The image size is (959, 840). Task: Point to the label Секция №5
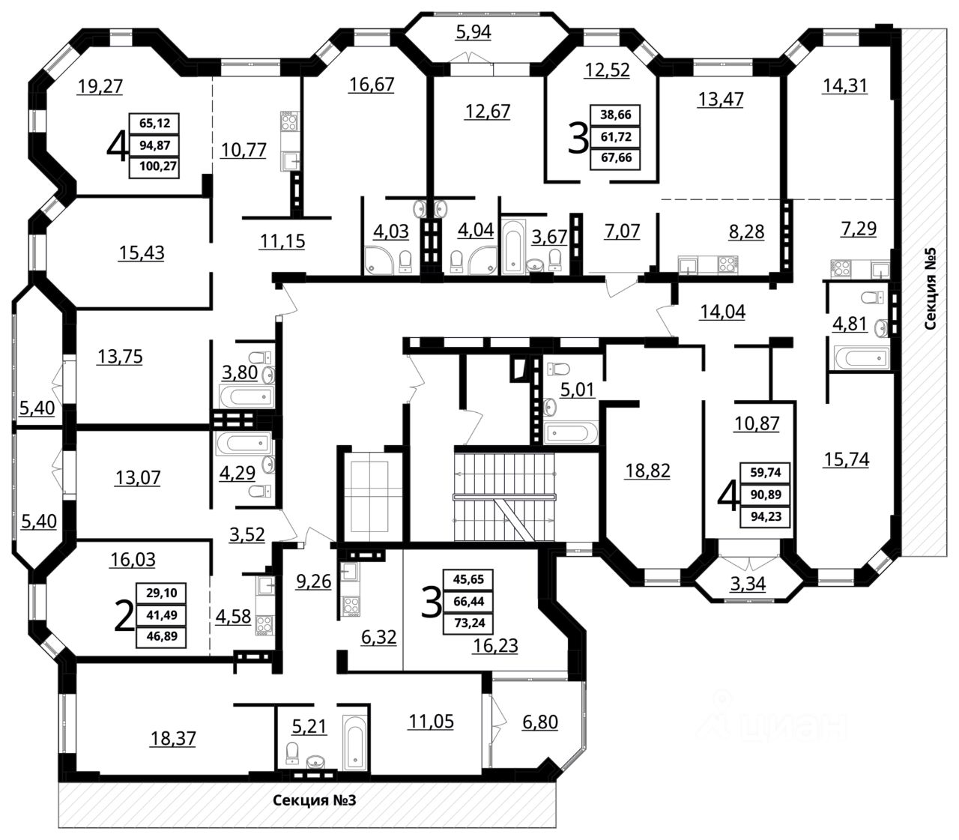[931, 292]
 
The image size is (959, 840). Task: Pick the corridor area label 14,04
[722, 312]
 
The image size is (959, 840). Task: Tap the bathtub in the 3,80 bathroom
[243, 395]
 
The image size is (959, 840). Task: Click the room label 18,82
[648, 471]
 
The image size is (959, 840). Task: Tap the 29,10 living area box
[157, 593]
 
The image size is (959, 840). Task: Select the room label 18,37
[173, 738]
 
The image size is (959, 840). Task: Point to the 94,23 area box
[764, 516]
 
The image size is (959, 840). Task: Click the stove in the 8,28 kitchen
[727, 263]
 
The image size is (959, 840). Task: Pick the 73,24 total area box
[470, 623]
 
